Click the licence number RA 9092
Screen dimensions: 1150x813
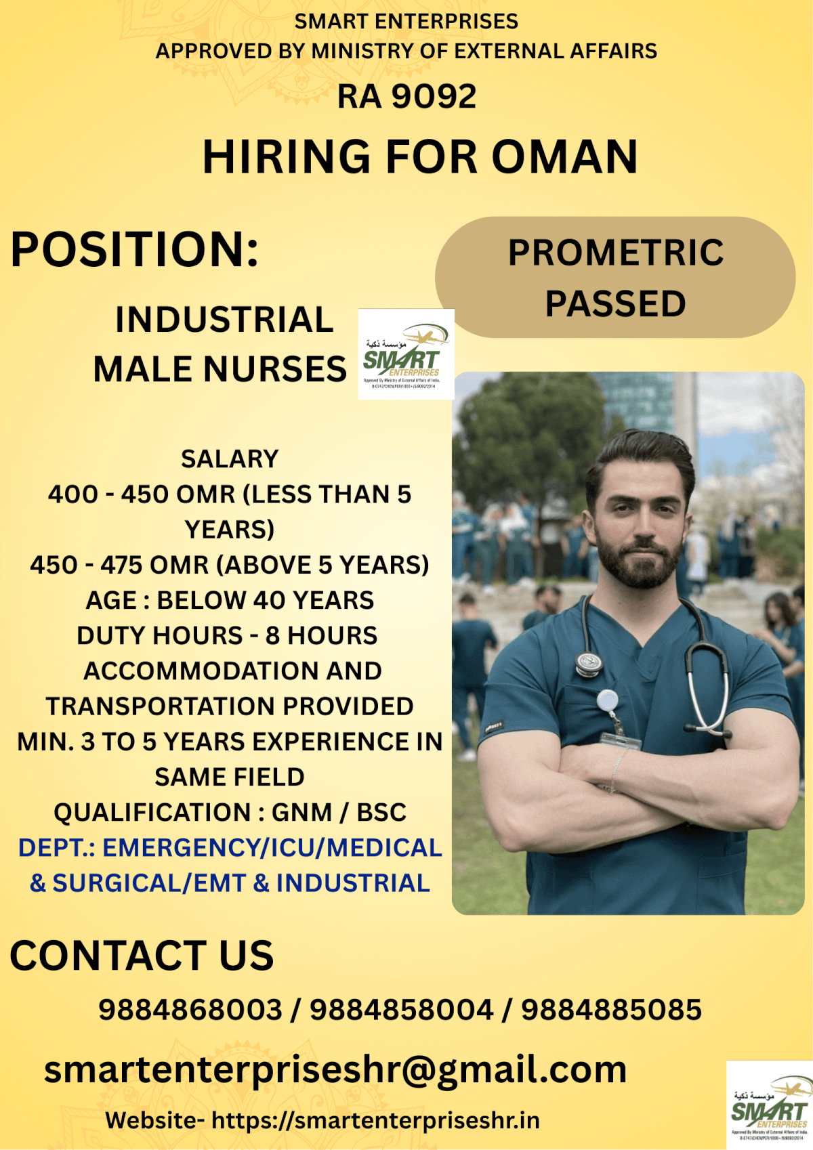click(x=406, y=96)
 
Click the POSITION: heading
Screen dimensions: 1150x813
click(x=134, y=249)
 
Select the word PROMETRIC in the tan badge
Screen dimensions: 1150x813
click(x=615, y=253)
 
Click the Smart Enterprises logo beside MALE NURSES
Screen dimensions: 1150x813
click(x=406, y=354)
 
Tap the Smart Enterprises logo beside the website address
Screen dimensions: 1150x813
click(x=769, y=1105)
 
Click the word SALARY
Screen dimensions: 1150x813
click(x=230, y=459)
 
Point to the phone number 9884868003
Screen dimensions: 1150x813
click(x=190, y=1010)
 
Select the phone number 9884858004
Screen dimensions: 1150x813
click(x=401, y=1010)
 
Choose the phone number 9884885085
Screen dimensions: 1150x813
click(x=611, y=1010)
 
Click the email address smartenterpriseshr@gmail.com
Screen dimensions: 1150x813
click(x=335, y=1070)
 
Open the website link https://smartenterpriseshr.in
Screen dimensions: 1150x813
click(x=375, y=1120)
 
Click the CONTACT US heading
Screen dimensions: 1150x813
click(x=142, y=956)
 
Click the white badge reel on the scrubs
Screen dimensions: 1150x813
click(x=607, y=700)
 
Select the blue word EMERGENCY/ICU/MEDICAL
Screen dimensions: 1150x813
click(x=272, y=848)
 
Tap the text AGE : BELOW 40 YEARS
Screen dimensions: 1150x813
click(x=230, y=600)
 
